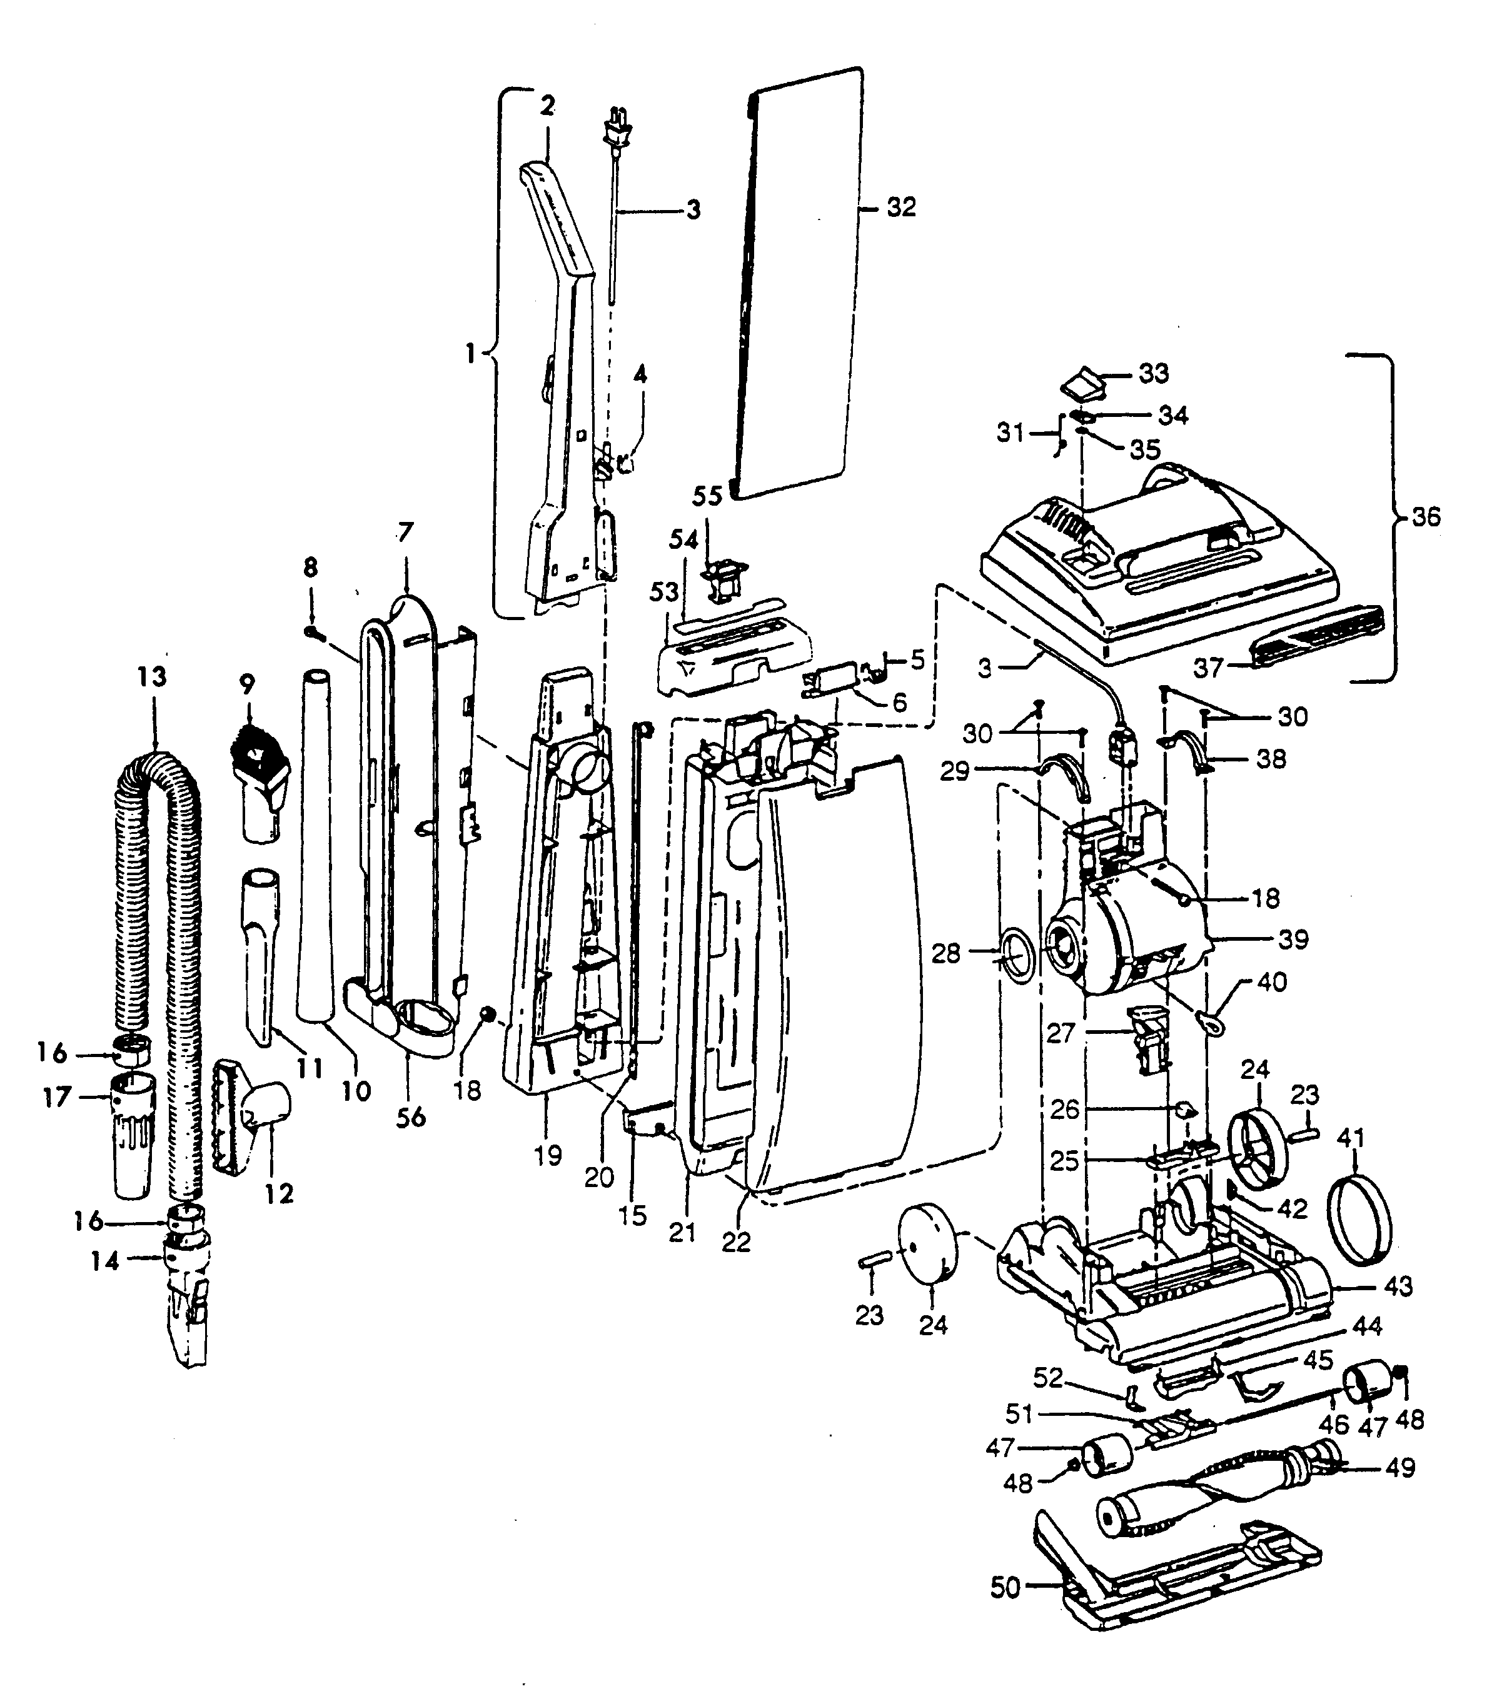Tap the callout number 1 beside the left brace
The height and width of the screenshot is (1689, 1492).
tap(470, 354)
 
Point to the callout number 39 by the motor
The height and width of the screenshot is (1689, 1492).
tap(1294, 939)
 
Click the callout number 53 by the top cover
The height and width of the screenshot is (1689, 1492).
tap(663, 593)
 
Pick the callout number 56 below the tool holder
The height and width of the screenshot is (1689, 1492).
tap(411, 1116)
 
